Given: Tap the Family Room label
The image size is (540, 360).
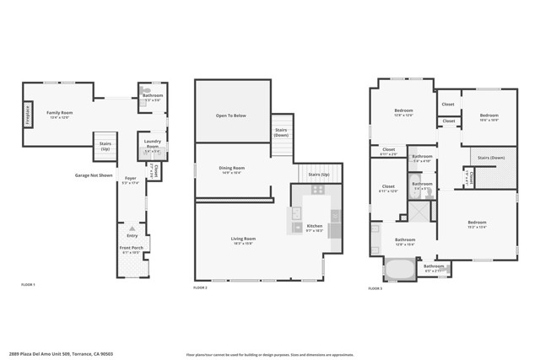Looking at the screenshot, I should point(58,113).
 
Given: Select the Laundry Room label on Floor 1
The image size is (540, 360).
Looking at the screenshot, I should point(152,143).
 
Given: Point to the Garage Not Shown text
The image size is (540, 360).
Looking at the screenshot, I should point(94,175).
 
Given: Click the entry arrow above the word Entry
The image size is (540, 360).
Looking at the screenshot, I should point(132,228).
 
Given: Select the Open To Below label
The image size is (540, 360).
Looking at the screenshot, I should point(230,115).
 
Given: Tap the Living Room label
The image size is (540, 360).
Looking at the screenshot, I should point(243,239).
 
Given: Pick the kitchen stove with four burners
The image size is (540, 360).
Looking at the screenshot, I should point(317,190).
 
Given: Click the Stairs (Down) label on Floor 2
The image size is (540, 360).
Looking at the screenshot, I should point(282,132).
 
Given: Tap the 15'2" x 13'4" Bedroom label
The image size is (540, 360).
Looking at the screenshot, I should point(477,224).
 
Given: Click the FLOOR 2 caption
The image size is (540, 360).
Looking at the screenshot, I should point(200,288).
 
